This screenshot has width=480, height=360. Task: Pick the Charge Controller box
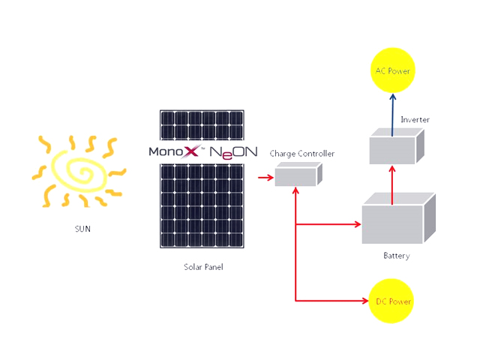(x=298, y=175)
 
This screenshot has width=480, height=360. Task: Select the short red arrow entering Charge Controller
(x=264, y=178)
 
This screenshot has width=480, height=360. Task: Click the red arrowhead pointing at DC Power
(x=364, y=301)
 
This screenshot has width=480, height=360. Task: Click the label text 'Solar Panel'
(x=203, y=267)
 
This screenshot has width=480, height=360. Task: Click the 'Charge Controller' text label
(x=302, y=154)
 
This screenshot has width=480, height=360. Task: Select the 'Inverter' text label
(x=415, y=119)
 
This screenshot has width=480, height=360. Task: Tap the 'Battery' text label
(x=397, y=256)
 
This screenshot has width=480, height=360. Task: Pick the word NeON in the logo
(x=233, y=151)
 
